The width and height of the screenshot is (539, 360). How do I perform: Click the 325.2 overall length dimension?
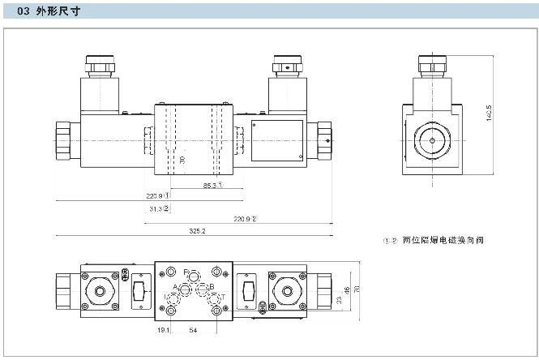point(197,231)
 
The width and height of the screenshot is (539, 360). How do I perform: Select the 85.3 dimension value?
point(212,186)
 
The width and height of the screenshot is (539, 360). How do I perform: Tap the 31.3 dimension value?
point(159,208)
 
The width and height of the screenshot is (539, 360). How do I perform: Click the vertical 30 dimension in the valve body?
point(182,161)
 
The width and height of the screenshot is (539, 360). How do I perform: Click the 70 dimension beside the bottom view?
point(357,289)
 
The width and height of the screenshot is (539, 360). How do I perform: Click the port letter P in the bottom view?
point(186,271)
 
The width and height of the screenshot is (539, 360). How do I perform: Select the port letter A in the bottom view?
point(175,288)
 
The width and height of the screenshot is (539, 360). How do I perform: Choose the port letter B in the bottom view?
point(211,287)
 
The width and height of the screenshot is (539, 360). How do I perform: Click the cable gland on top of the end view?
point(431,65)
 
